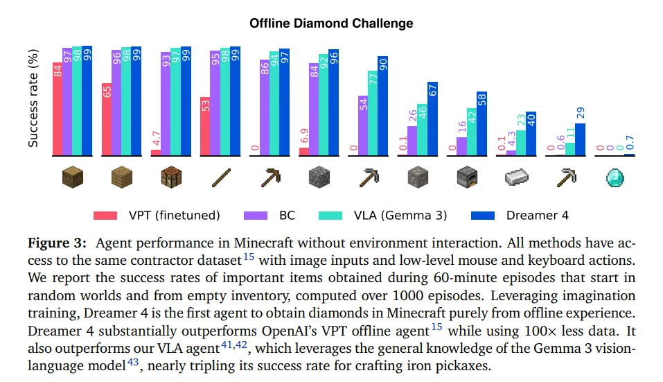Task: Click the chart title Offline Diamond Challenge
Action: (x=331, y=24)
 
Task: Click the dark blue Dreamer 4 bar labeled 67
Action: (x=433, y=119)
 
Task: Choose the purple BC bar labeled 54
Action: (x=363, y=125)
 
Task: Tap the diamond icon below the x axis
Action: (x=615, y=178)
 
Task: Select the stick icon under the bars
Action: (x=220, y=178)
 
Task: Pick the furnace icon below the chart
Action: (x=467, y=178)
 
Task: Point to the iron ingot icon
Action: (x=516, y=178)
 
